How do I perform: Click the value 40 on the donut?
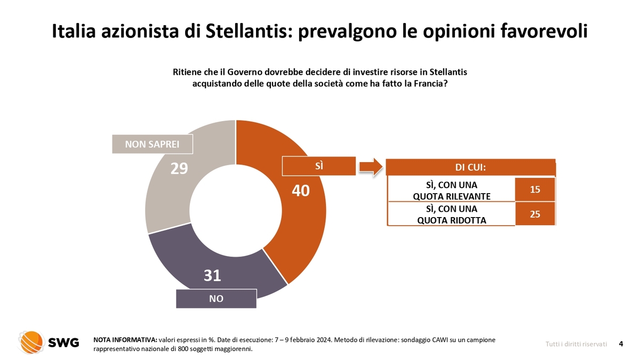click(x=301, y=191)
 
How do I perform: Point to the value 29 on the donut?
click(x=179, y=169)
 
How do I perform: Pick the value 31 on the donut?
click(x=212, y=275)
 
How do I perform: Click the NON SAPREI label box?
click(x=152, y=144)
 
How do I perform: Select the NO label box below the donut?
click(x=216, y=299)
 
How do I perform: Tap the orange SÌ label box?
click(x=319, y=166)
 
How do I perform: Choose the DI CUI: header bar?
click(x=470, y=167)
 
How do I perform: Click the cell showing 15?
click(x=535, y=189)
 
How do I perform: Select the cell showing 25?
click(x=535, y=214)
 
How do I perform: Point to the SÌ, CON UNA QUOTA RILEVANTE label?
click(x=451, y=190)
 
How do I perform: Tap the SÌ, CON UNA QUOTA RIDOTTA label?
click(x=451, y=214)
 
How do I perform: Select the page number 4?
click(x=621, y=344)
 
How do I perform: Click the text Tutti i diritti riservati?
click(x=576, y=345)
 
